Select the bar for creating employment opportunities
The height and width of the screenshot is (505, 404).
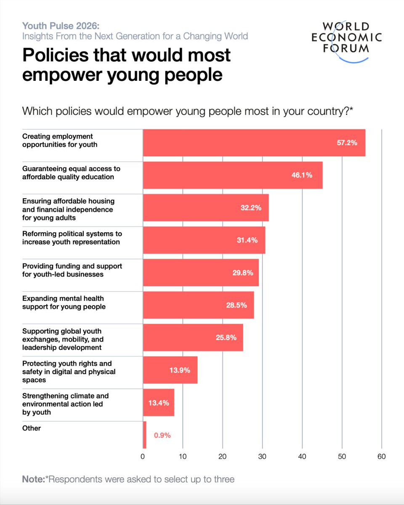pos(254,143)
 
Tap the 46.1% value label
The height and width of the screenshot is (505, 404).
pos(302,175)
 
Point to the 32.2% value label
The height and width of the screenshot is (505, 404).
pos(251,208)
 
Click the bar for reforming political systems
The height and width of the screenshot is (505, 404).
pos(204,240)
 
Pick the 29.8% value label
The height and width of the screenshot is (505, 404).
pos(242,273)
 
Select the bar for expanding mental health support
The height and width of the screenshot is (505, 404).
pos(198,305)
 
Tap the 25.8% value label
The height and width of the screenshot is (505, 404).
pos(226,338)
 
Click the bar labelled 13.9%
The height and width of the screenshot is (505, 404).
pos(170,370)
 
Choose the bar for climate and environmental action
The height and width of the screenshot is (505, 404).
pos(158,403)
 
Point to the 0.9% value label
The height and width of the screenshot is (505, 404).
pos(162,436)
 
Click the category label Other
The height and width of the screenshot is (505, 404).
pos(32,428)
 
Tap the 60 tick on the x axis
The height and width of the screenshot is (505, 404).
pos(381,456)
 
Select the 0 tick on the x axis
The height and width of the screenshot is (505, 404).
pos(143,456)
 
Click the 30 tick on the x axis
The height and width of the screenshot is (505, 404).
pos(262,456)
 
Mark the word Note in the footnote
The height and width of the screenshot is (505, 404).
pos(32,479)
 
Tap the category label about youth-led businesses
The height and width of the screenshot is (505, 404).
pos(72,270)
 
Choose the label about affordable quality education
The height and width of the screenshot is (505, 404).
pos(71,173)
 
